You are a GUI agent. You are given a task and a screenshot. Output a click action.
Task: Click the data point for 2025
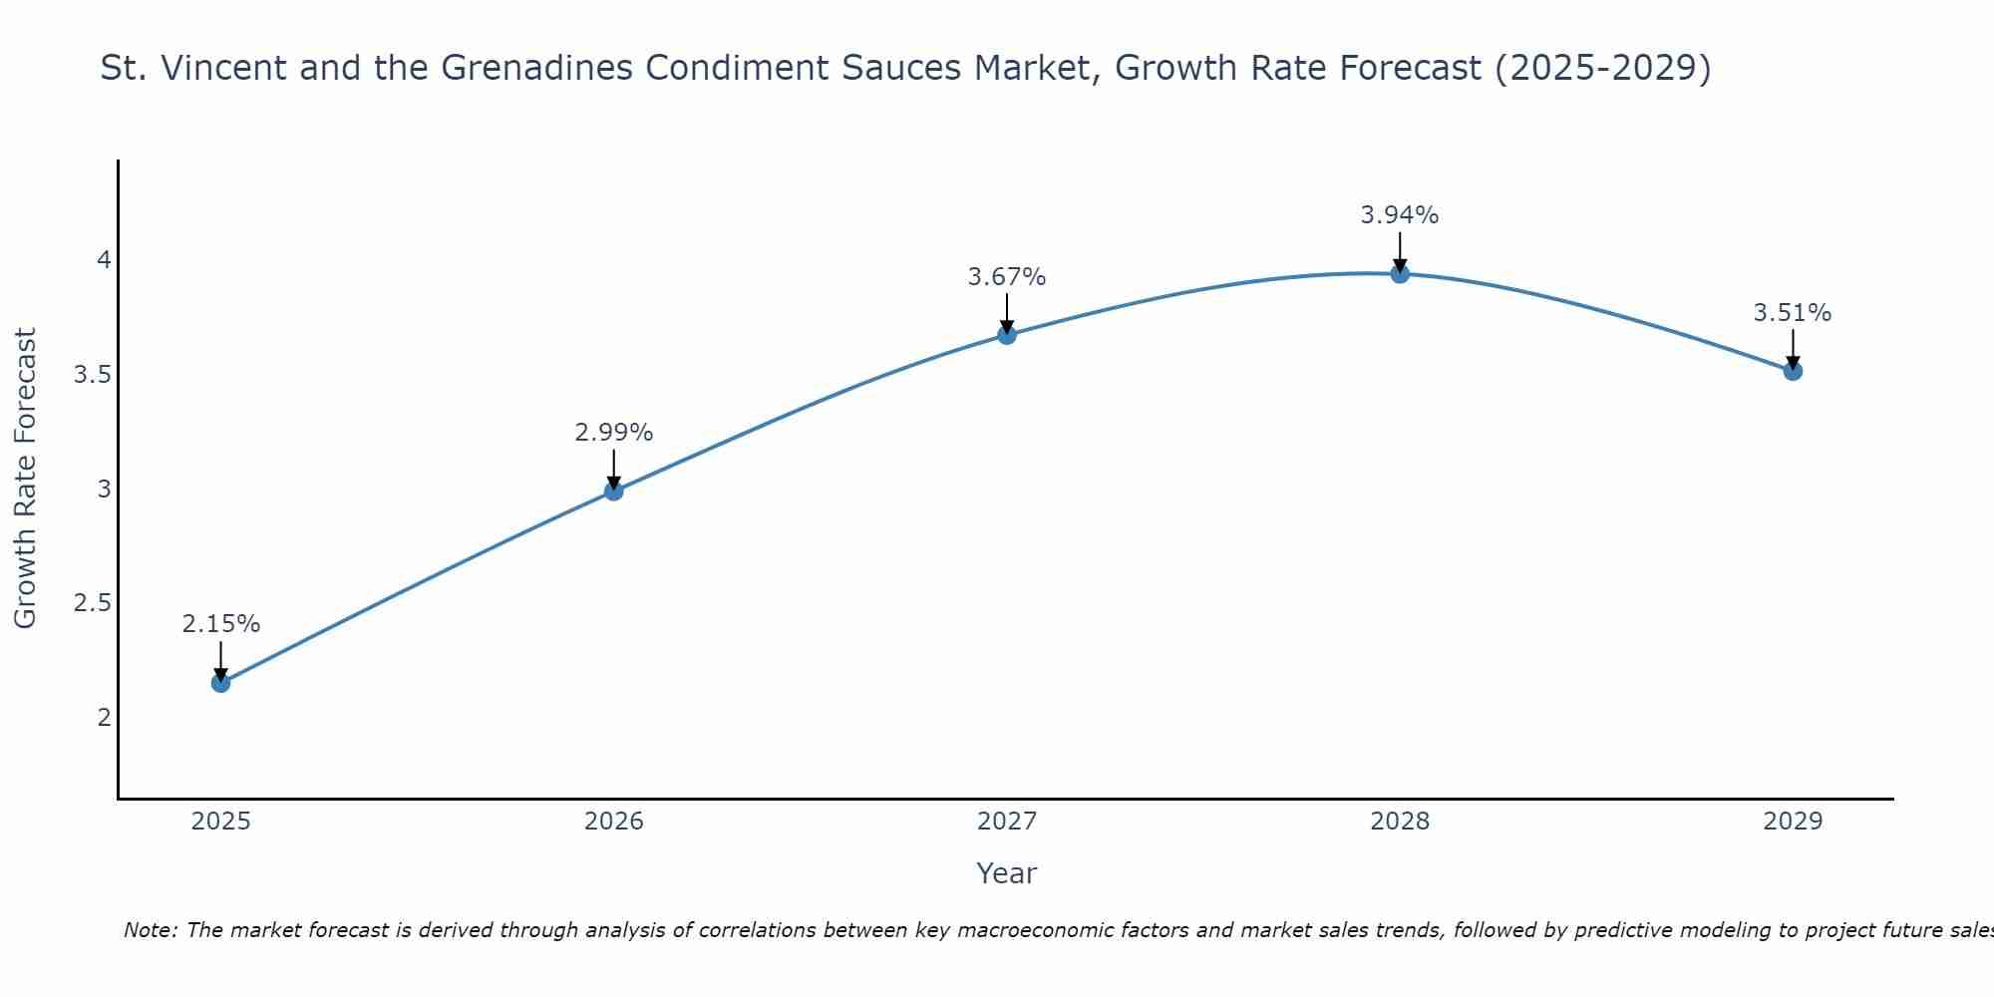coord(220,683)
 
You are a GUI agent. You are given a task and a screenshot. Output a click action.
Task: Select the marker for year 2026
coord(614,491)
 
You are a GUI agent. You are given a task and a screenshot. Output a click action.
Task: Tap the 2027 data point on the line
coord(1007,335)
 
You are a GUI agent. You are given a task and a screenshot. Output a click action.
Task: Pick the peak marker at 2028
coord(1400,273)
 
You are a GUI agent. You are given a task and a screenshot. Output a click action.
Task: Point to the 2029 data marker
coord(1793,371)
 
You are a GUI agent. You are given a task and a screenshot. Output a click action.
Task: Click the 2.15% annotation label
coord(220,624)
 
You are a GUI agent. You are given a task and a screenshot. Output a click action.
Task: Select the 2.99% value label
coord(614,433)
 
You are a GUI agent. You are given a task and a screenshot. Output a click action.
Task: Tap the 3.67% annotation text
coord(1007,277)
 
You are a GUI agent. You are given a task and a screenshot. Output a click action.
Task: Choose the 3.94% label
coord(1400,215)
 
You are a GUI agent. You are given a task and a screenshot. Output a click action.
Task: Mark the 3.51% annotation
coord(1793,313)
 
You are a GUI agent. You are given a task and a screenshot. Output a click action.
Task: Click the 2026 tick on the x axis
coord(614,822)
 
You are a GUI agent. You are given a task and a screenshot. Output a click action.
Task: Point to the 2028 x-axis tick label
coord(1400,822)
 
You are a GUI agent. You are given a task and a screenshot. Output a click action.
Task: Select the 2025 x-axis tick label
coord(220,822)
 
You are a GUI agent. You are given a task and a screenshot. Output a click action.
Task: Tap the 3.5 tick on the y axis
coord(93,375)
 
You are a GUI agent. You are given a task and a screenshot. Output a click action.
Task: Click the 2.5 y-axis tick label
coord(93,603)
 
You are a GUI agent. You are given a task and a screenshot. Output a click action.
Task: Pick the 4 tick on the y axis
coord(104,260)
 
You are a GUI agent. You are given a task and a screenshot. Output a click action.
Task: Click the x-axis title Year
coord(1007,873)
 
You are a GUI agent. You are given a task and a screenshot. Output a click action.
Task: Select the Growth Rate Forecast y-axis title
coord(25,479)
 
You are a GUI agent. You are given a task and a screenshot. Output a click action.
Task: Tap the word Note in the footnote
coord(149,930)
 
